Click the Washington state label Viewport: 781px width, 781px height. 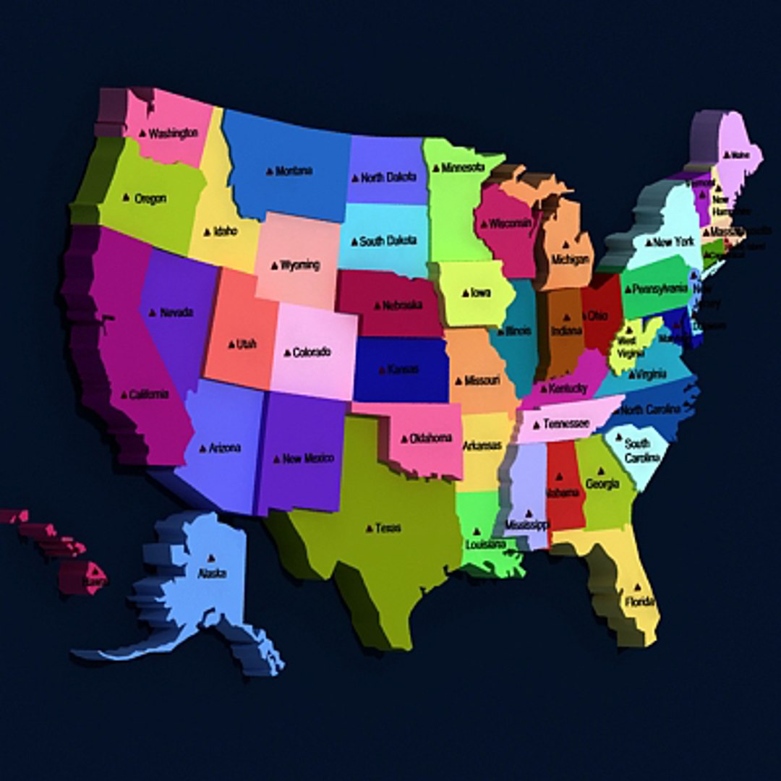click(x=173, y=134)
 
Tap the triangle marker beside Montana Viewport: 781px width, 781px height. click(x=270, y=171)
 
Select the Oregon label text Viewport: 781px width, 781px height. click(x=150, y=198)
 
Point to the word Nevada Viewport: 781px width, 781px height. click(x=176, y=312)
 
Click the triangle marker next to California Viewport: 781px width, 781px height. click(x=124, y=395)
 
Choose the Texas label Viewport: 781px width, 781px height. click(x=388, y=529)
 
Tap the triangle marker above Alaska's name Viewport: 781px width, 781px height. click(x=210, y=558)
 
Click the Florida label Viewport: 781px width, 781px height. click(x=640, y=602)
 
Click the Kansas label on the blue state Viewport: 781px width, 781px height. click(x=403, y=370)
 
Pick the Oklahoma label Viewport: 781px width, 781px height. click(x=431, y=438)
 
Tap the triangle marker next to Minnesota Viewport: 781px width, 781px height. click(x=436, y=168)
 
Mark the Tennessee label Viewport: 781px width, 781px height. click(x=566, y=424)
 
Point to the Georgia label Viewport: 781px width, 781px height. click(x=602, y=484)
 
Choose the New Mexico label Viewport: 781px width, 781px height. click(x=308, y=458)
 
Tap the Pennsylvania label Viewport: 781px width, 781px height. click(x=659, y=289)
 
